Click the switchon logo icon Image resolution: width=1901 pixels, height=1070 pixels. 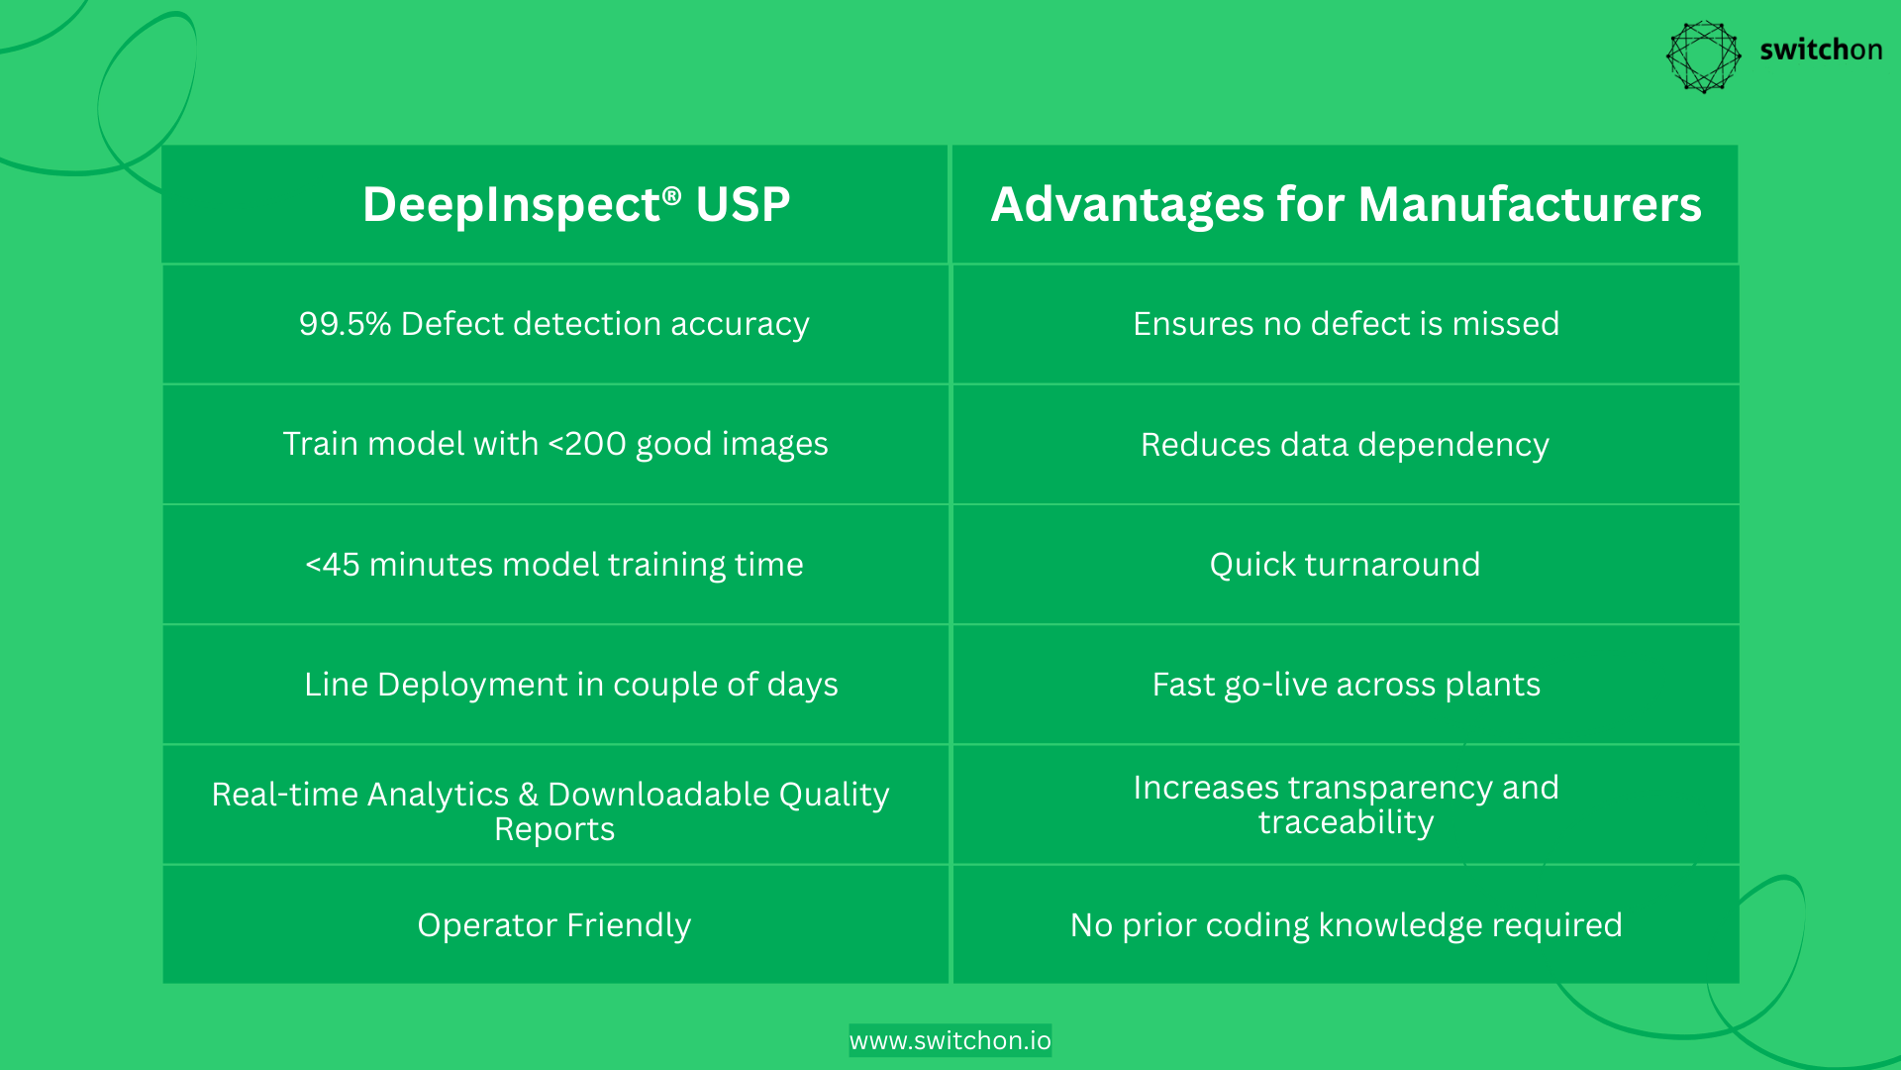pos(1703,56)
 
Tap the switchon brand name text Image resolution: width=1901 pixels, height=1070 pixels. pos(1820,50)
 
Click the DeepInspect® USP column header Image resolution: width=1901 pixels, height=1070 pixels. pos(575,205)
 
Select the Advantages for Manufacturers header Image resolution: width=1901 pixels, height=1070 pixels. pos(1345,205)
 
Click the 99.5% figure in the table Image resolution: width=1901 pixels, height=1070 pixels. pos(345,324)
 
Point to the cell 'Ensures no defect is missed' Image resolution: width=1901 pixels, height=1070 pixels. pos(1345,324)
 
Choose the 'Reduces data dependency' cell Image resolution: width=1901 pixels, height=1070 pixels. pos(1345,445)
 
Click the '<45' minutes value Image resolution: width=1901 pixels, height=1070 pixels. pos(332,565)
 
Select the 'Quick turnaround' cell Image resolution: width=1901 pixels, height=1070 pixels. pos(1345,565)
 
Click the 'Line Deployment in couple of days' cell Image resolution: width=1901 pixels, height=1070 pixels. pos(570,685)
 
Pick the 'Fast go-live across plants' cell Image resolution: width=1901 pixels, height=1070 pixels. pos(1345,685)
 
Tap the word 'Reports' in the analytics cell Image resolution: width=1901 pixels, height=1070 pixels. pos(554,829)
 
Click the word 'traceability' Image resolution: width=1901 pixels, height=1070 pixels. pos(1345,822)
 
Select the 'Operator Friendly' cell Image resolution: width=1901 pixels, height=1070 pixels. pos(553,925)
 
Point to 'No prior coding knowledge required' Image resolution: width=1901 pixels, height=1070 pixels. pos(1345,925)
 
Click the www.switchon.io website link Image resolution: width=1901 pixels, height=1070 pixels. pos(950,1040)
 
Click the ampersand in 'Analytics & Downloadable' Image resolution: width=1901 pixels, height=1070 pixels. pos(528,795)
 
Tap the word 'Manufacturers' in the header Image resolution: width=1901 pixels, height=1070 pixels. pos(1529,205)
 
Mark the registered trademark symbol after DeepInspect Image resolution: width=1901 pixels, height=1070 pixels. pos(672,194)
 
